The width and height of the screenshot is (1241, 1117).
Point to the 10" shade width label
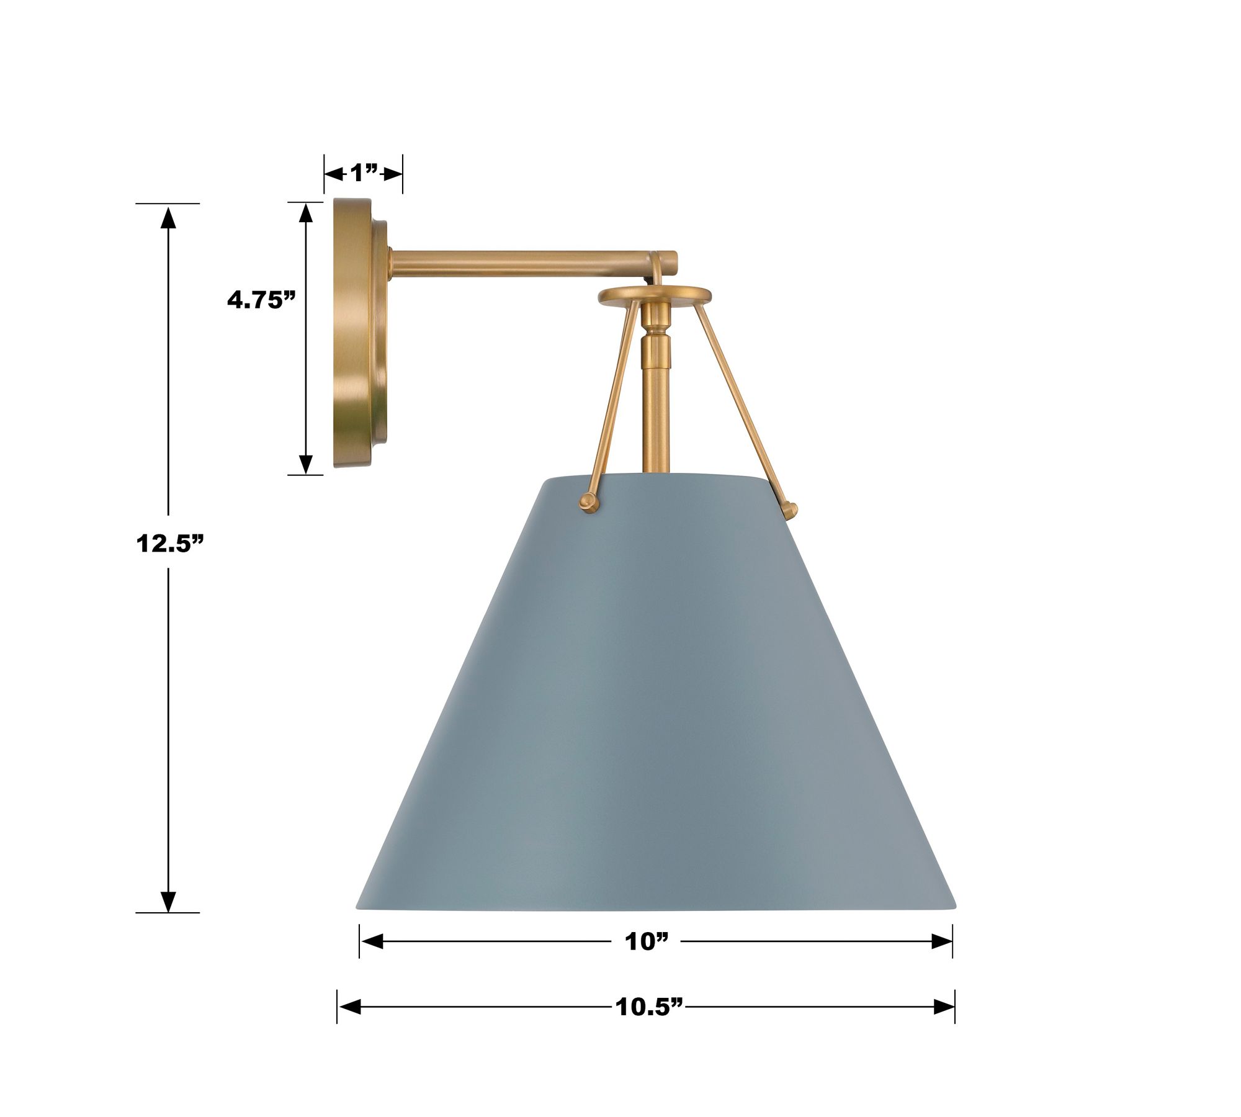[647, 942]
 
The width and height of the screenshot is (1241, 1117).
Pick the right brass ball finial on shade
[789, 510]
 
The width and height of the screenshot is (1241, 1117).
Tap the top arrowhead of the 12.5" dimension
[168, 217]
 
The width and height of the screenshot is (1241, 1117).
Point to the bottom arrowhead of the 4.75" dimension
[305, 463]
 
